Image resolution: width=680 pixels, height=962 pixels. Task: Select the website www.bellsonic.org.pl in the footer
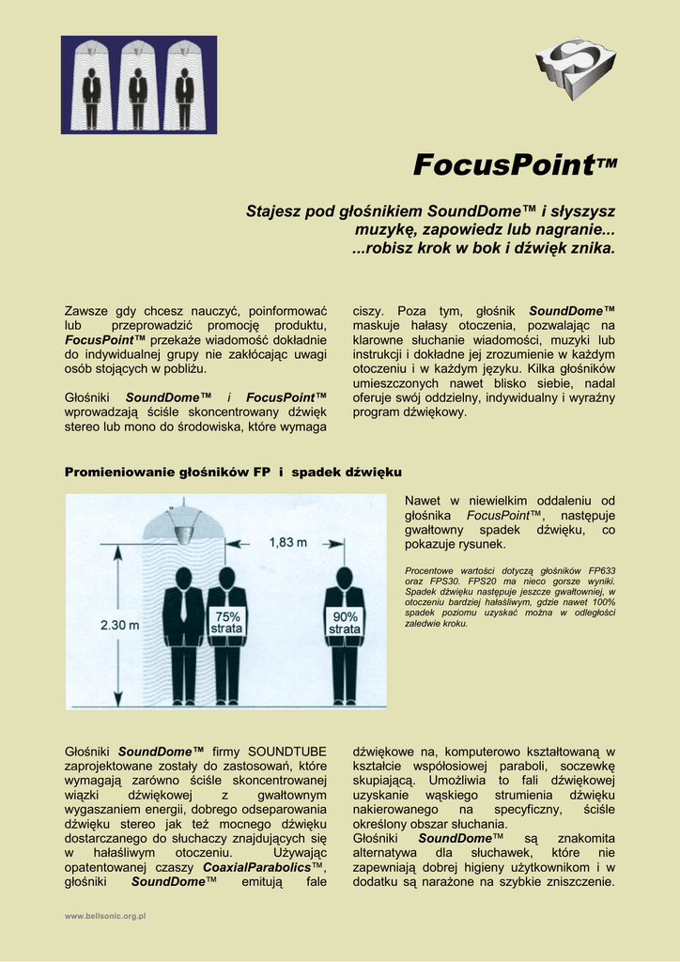[105, 915]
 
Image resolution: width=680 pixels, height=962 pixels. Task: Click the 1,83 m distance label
[287, 542]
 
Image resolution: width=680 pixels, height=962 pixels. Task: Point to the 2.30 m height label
[119, 624]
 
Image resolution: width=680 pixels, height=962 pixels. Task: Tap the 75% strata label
[227, 622]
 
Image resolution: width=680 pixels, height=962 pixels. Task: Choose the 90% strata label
[345, 622]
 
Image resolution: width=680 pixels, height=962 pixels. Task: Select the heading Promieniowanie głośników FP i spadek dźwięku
[233, 471]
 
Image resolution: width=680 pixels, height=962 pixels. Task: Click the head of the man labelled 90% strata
[345, 577]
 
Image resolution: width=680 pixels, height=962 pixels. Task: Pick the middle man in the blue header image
[138, 86]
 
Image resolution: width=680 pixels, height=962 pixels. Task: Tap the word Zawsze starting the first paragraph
[86, 311]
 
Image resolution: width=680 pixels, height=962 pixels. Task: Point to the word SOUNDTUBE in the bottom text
[287, 752]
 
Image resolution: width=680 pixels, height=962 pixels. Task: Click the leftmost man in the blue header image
[91, 86]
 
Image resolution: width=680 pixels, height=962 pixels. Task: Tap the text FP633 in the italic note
[601, 570]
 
